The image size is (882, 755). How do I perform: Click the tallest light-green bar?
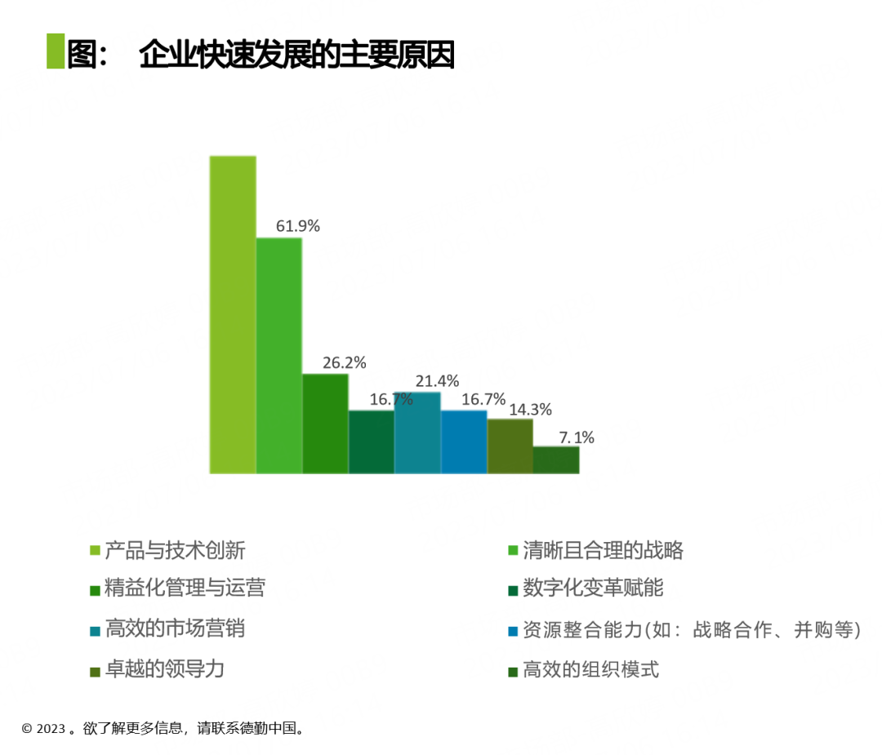[233, 314]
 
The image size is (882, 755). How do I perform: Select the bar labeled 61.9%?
[279, 355]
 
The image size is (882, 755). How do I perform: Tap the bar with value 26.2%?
[325, 424]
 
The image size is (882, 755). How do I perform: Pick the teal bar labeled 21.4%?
[417, 433]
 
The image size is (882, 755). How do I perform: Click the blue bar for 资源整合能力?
[464, 442]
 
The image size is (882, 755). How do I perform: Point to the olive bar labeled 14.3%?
[510, 446]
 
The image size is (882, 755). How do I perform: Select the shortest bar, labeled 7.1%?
[556, 460]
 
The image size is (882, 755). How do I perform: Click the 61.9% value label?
[297, 226]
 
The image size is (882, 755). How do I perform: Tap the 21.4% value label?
[437, 380]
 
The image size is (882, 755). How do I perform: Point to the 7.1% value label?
[576, 437]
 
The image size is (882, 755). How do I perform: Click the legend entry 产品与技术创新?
[175, 550]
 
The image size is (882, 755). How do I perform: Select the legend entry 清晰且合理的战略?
[603, 550]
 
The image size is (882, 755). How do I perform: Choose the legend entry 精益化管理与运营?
[185, 588]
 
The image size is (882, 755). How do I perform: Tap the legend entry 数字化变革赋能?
[593, 588]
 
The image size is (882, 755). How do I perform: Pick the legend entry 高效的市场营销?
[175, 629]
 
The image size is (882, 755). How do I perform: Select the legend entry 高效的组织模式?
[590, 670]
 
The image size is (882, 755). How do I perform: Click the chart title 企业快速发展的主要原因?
[296, 55]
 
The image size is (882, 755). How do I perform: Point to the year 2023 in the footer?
[51, 729]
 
